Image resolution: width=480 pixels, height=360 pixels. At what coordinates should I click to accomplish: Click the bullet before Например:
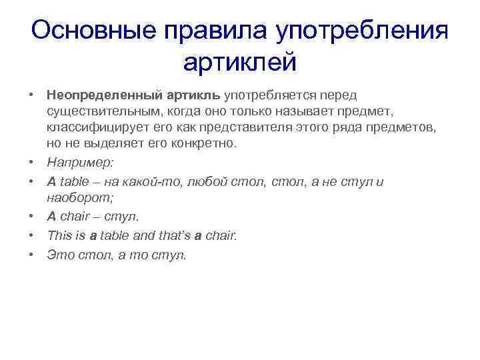tap(31, 162)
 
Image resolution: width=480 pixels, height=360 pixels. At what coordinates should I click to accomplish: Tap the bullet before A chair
tap(31, 216)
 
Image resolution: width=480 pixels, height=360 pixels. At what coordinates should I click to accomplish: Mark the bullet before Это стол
tap(31, 254)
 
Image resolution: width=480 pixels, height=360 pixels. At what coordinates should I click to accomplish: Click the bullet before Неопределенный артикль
tap(31, 97)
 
